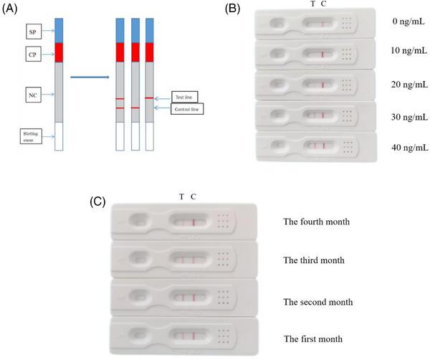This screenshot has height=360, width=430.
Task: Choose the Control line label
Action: click(186, 109)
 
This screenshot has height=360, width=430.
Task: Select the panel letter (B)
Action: click(234, 9)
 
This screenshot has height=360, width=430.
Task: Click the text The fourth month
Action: click(316, 222)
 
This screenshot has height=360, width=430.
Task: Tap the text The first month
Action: click(313, 338)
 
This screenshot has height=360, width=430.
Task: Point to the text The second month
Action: click(317, 302)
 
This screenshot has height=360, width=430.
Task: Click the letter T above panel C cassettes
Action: click(181, 196)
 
